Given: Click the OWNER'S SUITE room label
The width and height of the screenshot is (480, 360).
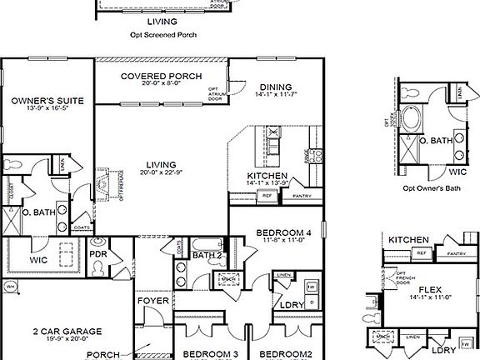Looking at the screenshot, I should point(47,100).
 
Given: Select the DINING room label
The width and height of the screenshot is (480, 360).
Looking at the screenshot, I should point(275,87).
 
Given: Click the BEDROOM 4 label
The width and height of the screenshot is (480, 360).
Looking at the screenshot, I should point(284,232).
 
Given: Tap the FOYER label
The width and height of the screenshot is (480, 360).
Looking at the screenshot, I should point(154,301).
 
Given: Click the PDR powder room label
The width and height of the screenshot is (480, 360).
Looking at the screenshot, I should point(97,254).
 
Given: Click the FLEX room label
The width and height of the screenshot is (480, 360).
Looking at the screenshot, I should point(431,291).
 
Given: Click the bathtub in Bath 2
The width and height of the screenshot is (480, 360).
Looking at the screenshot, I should point(205,243).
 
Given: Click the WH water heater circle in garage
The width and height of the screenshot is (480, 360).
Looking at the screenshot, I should point(11,287).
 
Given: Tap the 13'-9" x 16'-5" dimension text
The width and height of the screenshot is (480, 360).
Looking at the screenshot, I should point(47,109).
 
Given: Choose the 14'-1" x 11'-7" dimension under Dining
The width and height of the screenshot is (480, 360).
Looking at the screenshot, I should point(276,96).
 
